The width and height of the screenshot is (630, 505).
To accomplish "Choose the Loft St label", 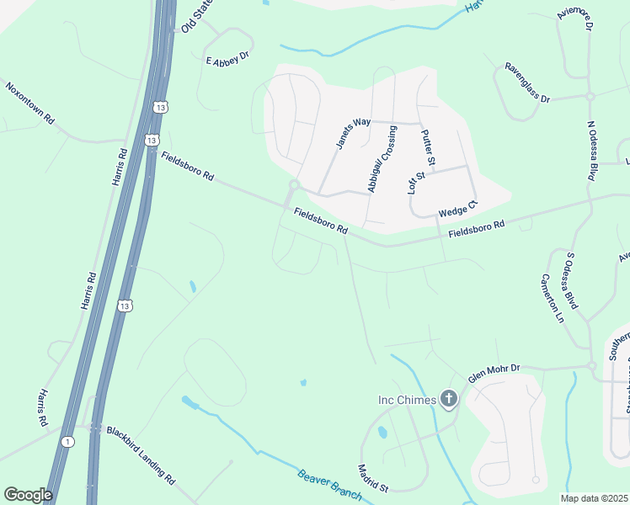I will click(416, 182).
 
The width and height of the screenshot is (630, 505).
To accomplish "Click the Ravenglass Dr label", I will click(527, 82).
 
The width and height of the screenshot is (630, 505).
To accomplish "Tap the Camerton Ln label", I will click(552, 299).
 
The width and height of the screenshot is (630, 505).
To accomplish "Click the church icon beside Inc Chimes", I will click(449, 399).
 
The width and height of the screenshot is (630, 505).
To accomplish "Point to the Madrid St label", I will click(372, 478).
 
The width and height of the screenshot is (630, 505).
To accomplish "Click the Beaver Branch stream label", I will click(328, 486).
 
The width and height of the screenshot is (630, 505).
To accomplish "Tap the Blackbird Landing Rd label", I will click(141, 454).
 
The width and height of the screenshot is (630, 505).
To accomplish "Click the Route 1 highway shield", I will click(67, 440).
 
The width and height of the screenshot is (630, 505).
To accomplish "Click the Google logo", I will click(28, 494).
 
